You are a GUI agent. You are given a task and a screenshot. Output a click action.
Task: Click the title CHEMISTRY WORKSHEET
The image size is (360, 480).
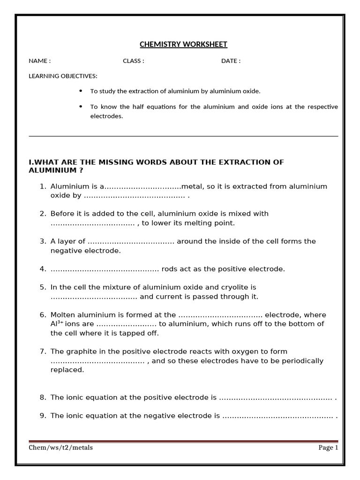tap(183, 45)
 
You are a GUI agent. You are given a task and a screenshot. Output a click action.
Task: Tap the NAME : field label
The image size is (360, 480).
tap(40, 61)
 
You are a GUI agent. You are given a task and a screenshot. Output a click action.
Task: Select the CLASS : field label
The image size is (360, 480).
tap(134, 61)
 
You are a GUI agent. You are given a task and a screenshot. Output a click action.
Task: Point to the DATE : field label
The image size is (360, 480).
tap(231, 61)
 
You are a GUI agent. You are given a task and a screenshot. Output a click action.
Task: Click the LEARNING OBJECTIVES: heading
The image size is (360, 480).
tap(63, 76)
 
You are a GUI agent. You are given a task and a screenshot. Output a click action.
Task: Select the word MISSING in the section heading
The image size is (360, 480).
tap(113, 162)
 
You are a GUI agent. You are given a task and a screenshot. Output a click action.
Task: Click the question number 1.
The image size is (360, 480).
tap(42, 187)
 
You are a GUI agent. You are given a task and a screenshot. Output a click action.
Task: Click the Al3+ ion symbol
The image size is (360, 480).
tap(57, 324)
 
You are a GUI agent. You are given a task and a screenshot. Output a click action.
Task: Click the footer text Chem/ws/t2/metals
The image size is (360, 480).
tap(61, 448)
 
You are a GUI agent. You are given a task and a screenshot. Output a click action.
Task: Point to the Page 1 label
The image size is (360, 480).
tap(328, 448)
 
